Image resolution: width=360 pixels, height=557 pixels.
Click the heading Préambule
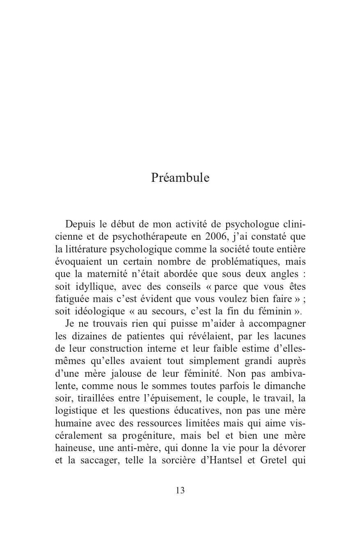pos(180,178)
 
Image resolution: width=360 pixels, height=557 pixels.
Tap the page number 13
pos(180,490)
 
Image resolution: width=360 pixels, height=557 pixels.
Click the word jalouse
pos(125,374)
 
